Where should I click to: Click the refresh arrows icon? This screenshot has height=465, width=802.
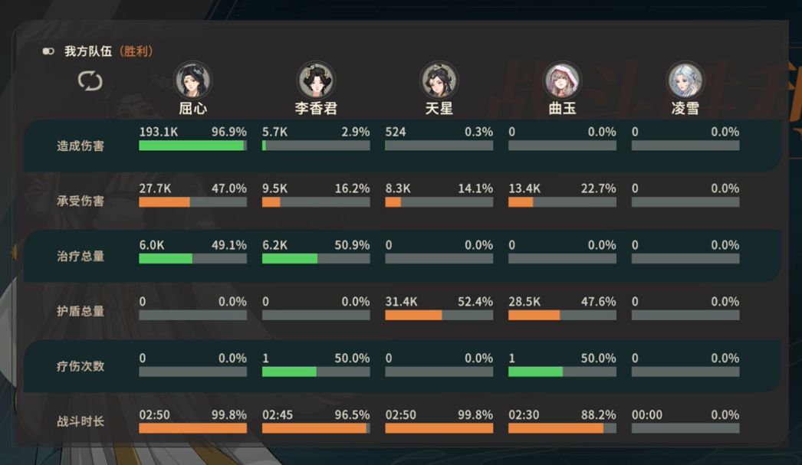[90, 80]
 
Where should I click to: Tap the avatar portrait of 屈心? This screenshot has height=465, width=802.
[193, 80]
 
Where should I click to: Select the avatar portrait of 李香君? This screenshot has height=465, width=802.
[315, 80]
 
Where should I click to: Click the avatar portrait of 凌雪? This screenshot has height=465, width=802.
[685, 80]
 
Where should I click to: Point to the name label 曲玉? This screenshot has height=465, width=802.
[562, 108]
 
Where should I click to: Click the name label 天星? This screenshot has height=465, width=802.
[439, 108]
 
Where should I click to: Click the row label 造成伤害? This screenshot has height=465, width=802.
[81, 146]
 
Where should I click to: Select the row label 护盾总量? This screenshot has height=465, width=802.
[81, 311]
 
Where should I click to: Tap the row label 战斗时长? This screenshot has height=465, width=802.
[81, 421]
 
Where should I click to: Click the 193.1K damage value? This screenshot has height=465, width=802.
[159, 132]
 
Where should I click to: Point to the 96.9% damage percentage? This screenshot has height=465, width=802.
[229, 132]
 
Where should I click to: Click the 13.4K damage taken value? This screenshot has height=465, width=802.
[524, 188]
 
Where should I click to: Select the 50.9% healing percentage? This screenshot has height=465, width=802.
[352, 245]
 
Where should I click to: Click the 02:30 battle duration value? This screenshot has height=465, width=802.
[524, 414]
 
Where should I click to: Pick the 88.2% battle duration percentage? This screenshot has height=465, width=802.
[598, 414]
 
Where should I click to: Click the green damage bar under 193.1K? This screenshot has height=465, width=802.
[191, 146]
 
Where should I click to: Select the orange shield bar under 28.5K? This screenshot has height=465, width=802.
[534, 315]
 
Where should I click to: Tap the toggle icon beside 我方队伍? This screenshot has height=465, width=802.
[48, 51]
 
